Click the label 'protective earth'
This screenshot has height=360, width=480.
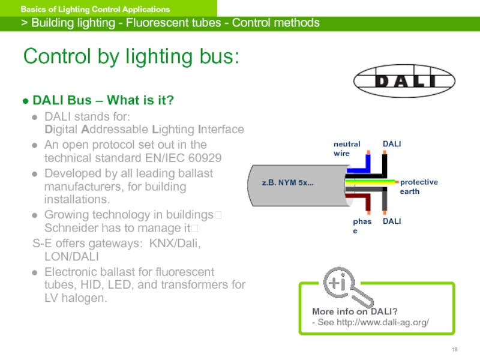pyautogui.click(x=419, y=187)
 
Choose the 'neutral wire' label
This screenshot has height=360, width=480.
pyautogui.click(x=347, y=148)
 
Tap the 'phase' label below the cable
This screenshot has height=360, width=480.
pyautogui.click(x=362, y=226)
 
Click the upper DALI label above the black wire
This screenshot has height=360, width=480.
pyautogui.click(x=392, y=144)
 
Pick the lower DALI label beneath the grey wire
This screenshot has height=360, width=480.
pyautogui.click(x=392, y=221)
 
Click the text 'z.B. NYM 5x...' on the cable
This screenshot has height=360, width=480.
pyautogui.click(x=287, y=182)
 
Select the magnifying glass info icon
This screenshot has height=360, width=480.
pyautogui.click(x=340, y=285)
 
